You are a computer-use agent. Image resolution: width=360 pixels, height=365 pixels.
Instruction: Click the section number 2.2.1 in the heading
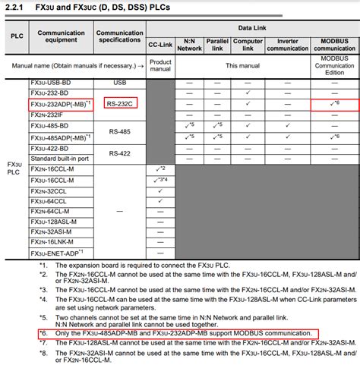pyautogui.click(x=16, y=8)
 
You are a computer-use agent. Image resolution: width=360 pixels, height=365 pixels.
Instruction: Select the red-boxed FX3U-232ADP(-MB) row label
pyautogui.click(x=60, y=103)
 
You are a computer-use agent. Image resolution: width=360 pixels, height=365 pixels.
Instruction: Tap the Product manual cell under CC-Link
pyautogui.click(x=160, y=66)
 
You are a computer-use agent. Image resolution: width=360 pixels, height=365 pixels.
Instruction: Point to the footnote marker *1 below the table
pyautogui.click(x=44, y=265)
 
